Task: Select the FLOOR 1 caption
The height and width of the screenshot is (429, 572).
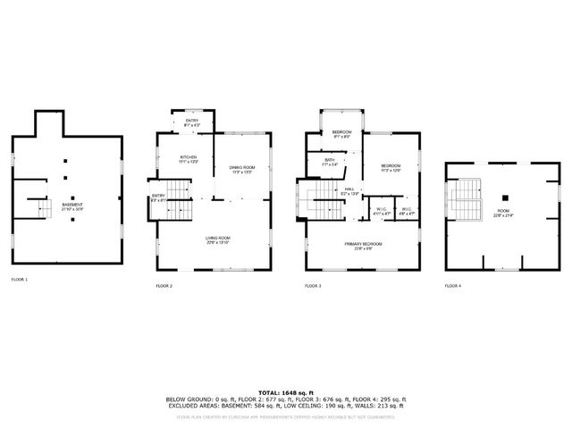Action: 20,280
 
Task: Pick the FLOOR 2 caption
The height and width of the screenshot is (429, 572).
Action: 164,286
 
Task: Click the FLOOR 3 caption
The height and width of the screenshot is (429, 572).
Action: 312,286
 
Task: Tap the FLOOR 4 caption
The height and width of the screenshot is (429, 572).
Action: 453,286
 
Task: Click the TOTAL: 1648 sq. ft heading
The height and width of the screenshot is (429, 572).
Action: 286,392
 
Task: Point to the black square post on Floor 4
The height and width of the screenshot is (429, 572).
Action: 505,198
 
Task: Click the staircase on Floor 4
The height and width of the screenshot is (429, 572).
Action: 466,201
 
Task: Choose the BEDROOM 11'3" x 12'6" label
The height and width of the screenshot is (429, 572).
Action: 391,168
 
